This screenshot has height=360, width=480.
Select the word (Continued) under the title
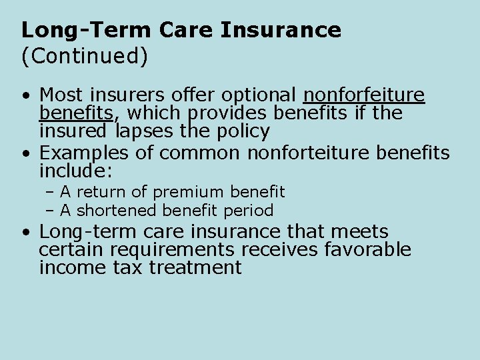(x=84, y=56)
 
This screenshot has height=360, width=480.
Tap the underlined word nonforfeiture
(x=364, y=95)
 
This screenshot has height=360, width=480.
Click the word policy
(x=239, y=131)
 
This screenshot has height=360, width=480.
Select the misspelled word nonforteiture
(x=309, y=153)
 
